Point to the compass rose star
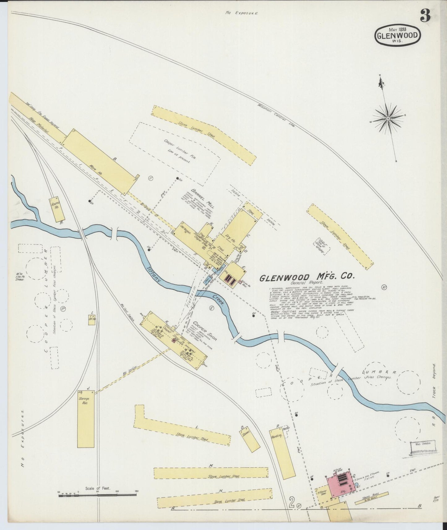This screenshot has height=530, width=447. pos(388,118)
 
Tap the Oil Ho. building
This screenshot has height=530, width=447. pos(92,317)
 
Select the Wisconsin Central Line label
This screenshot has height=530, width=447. pos(277,116)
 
